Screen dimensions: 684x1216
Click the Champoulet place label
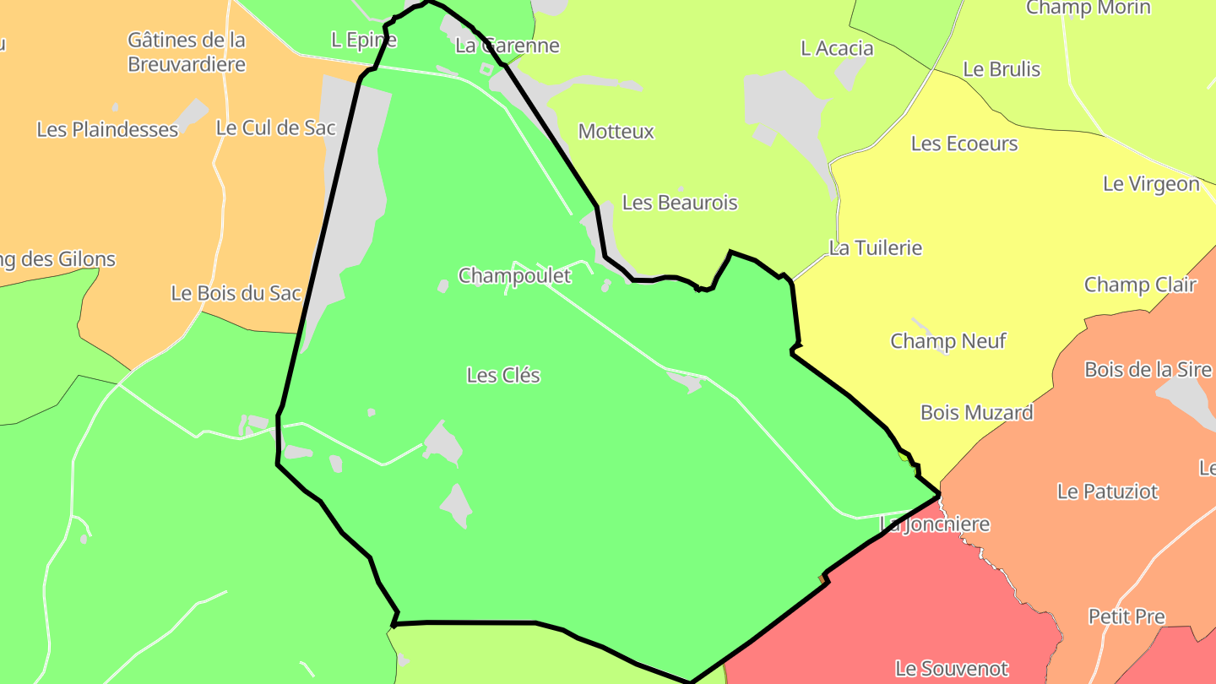pos(514,275)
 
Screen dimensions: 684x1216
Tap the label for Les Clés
pos(503,375)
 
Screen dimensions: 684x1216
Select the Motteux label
pos(616,132)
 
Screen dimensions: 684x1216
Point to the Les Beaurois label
pos(680,203)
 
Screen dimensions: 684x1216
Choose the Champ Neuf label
pos(948,341)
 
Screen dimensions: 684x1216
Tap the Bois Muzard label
pos(977,413)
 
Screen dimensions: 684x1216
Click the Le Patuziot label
pos(1108,491)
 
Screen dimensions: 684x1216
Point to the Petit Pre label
pos(1126,616)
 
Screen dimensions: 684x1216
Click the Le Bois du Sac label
pos(236,294)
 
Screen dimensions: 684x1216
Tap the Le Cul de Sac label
pos(276,128)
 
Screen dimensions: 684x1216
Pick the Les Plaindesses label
pos(107,130)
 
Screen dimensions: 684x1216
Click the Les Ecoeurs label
pos(964,144)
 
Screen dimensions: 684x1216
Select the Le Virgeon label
pos(1151,184)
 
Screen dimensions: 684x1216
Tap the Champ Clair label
pos(1140,285)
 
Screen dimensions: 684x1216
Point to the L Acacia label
pos(837,49)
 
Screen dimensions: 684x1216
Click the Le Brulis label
pos(1002,69)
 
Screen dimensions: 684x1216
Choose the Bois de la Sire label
pos(1148,370)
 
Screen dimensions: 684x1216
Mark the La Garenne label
pos(508,46)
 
